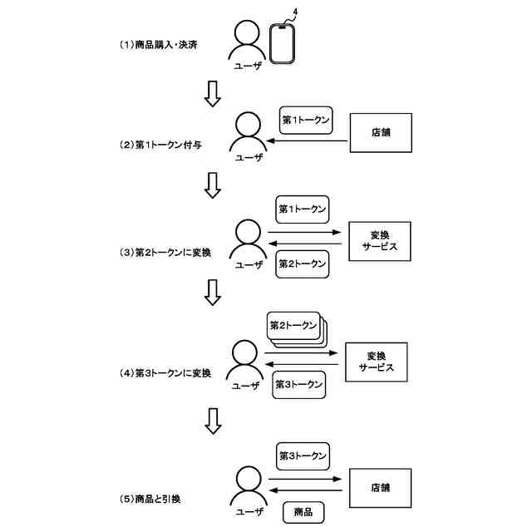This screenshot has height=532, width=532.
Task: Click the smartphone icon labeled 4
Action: point(283,42)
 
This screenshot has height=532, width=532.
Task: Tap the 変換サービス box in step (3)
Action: point(380,240)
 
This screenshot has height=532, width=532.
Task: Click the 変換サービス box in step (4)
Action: point(376,361)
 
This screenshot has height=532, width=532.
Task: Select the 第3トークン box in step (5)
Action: point(303,456)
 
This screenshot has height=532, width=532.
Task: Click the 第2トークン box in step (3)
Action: point(301,264)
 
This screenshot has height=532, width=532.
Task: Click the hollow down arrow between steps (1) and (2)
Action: point(213,93)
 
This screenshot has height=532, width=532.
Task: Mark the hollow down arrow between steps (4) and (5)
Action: point(213,421)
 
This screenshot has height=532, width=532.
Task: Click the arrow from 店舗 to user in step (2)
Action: point(308,141)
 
